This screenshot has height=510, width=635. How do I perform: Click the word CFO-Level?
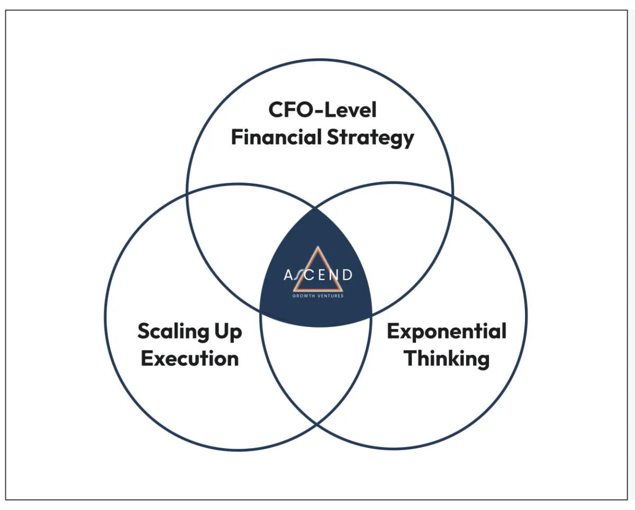(322, 110)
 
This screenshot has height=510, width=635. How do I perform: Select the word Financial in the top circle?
(276, 138)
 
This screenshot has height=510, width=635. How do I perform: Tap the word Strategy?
(370, 138)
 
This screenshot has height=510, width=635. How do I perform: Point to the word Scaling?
(173, 332)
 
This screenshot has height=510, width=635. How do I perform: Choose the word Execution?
(190, 359)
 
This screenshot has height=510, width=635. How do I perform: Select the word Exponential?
(447, 332)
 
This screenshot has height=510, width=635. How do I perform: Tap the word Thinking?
(447, 360)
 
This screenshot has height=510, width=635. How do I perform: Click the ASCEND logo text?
(318, 275)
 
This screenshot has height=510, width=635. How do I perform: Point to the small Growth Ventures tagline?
(318, 296)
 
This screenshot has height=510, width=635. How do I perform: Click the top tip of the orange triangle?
(318, 247)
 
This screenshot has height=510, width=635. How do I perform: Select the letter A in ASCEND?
(288, 275)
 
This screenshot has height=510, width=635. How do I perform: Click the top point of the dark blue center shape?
(315, 209)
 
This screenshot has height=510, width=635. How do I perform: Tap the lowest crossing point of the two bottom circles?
(316, 425)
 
